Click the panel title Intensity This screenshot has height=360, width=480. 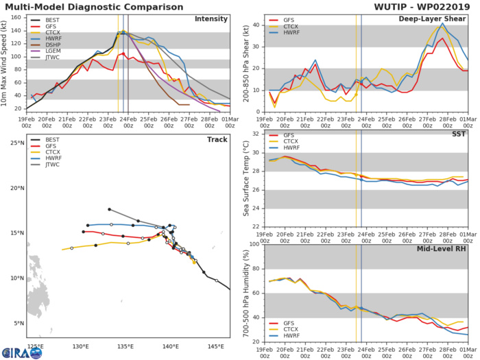pos(211,19)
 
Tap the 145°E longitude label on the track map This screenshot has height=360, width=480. pos(215,346)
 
